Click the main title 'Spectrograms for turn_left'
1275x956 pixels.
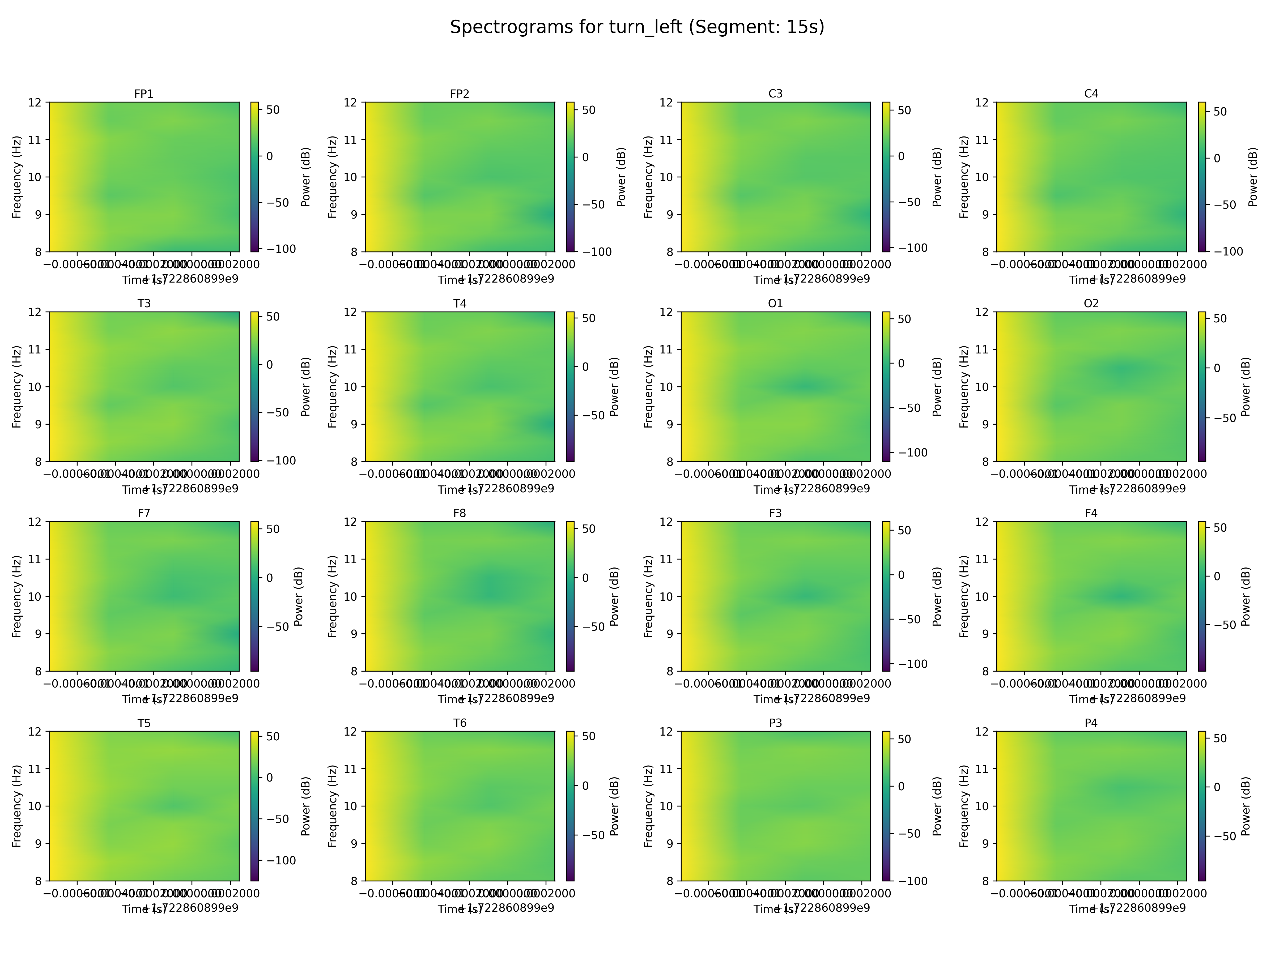click(x=637, y=27)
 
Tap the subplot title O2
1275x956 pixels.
click(x=1091, y=304)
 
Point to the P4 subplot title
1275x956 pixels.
click(x=1091, y=723)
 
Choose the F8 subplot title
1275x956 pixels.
click(x=459, y=513)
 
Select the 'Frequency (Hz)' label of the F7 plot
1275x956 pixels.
click(x=17, y=596)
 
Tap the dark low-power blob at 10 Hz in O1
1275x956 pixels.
click(x=804, y=386)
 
